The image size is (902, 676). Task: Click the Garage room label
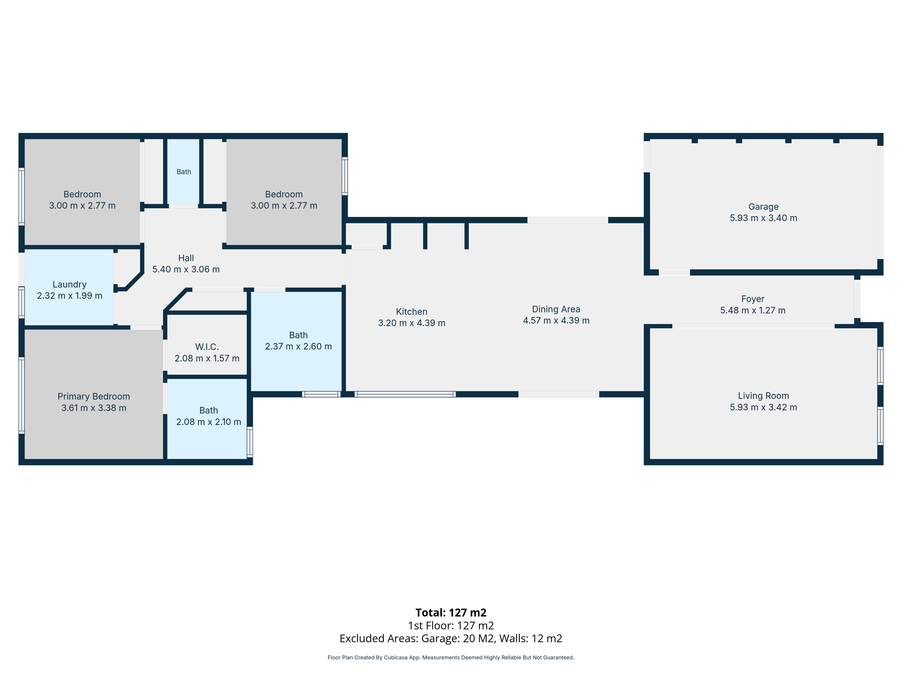[x=763, y=207]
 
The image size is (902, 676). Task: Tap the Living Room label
[x=763, y=396]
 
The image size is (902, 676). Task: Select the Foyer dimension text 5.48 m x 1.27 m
[x=753, y=311]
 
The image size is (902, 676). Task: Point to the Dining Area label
[x=556, y=309]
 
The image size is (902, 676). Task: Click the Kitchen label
[x=412, y=312]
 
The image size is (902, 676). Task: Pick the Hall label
[x=186, y=258]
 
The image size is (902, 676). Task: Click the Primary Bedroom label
[x=94, y=396]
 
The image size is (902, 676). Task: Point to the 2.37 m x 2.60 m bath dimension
[x=299, y=346]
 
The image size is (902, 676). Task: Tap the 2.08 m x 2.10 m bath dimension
[x=209, y=422]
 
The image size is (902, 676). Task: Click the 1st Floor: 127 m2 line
[x=451, y=626]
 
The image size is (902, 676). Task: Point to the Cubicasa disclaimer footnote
[x=451, y=657]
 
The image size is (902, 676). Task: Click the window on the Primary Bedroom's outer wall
[x=22, y=395]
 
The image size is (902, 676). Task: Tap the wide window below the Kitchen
[x=405, y=394]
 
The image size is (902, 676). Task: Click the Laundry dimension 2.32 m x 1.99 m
[x=70, y=296]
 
